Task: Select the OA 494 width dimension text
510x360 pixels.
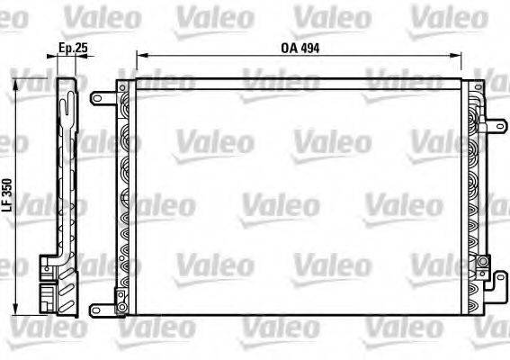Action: coord(298,48)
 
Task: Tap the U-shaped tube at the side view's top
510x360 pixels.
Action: coord(64,95)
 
